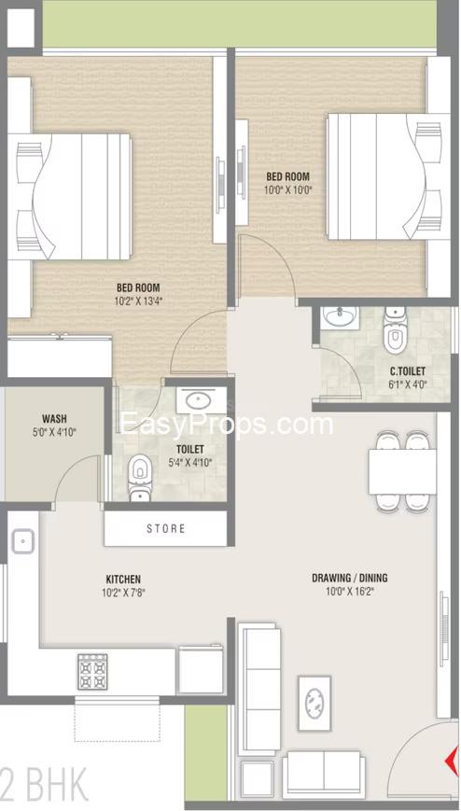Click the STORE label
(165, 528)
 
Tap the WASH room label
(54, 418)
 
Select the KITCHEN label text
(123, 580)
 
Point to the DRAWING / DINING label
(350, 579)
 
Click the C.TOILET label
(408, 371)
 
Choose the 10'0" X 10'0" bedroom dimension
(288, 189)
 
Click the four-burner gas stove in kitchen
(92, 672)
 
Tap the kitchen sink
(21, 541)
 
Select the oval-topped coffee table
(314, 703)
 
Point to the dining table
(402, 471)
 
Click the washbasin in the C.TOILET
(340, 317)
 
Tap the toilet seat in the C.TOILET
(396, 331)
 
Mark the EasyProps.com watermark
(227, 424)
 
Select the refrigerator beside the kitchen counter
(201, 669)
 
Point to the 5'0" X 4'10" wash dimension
(54, 431)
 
